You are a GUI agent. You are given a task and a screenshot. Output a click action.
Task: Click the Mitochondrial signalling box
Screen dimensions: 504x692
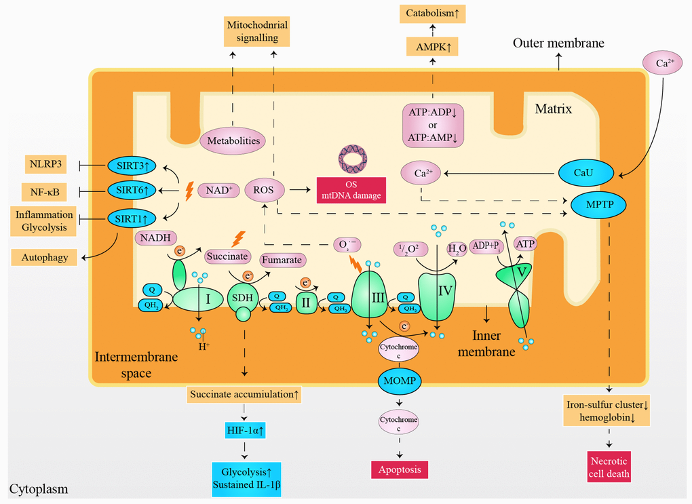[257, 32]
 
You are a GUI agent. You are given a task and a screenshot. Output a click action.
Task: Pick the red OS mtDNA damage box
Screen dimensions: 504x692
[351, 189]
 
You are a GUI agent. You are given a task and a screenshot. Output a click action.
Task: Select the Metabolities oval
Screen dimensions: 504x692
[233, 140]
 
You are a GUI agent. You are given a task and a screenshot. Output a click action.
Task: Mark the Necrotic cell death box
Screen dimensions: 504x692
[607, 468]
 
